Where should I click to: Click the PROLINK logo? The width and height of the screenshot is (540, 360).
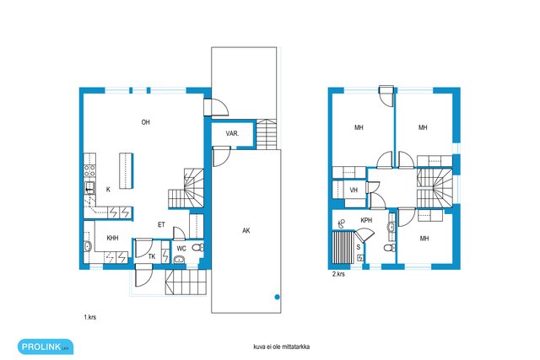[46, 347]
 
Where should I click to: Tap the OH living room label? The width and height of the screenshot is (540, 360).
[146, 122]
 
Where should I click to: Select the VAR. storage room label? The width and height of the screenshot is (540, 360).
[232, 133]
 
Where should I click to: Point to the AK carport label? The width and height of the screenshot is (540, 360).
[246, 231]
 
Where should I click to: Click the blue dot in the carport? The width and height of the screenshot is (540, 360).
[278, 297]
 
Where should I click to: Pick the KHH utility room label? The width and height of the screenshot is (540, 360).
[112, 238]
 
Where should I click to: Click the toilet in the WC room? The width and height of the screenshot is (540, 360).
[197, 247]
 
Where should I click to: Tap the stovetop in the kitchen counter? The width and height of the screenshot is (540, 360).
[89, 170]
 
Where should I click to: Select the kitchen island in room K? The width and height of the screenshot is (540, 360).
[126, 170]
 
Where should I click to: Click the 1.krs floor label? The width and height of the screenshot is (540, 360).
[90, 317]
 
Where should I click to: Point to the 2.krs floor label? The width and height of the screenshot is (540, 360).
[338, 274]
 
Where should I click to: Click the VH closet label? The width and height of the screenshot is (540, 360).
[354, 190]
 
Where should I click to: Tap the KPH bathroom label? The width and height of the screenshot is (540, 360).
[366, 220]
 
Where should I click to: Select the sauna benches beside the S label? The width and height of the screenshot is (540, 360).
[343, 247]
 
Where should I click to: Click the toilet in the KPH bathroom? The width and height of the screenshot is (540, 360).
[389, 248]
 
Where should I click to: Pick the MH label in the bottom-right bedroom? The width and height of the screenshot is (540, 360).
[424, 238]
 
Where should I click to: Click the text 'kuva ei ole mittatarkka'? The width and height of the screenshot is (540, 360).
[281, 347]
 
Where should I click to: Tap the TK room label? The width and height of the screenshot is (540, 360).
[152, 256]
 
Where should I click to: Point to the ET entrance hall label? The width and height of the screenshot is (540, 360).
[161, 225]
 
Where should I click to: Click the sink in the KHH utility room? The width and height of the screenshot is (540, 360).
[88, 246]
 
